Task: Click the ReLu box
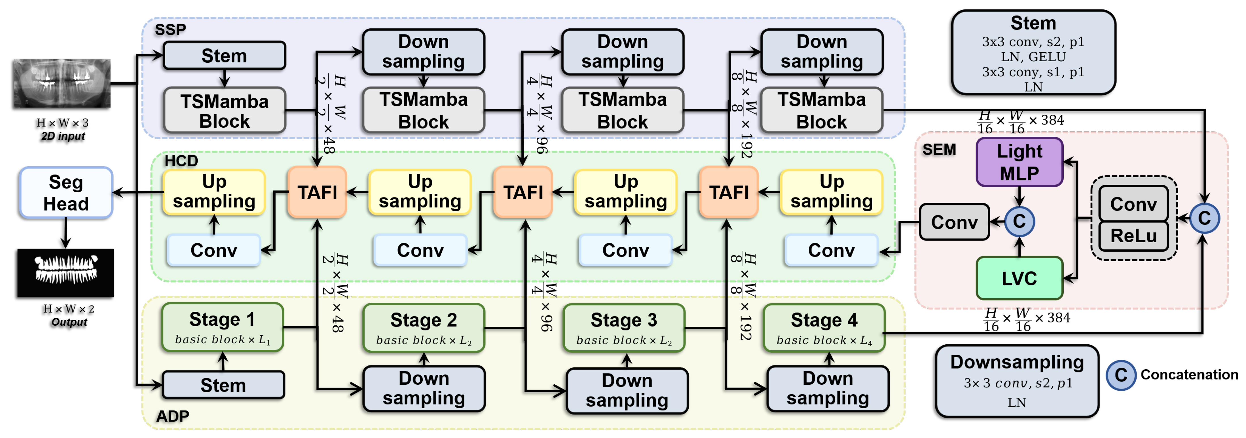tap(1133, 236)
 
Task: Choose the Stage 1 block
tap(223, 327)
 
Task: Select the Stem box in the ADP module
tap(223, 385)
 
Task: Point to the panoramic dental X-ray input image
tap(62, 83)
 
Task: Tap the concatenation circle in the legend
tap(1121, 375)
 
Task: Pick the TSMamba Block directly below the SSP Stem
tap(225, 110)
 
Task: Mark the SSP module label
tap(170, 30)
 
